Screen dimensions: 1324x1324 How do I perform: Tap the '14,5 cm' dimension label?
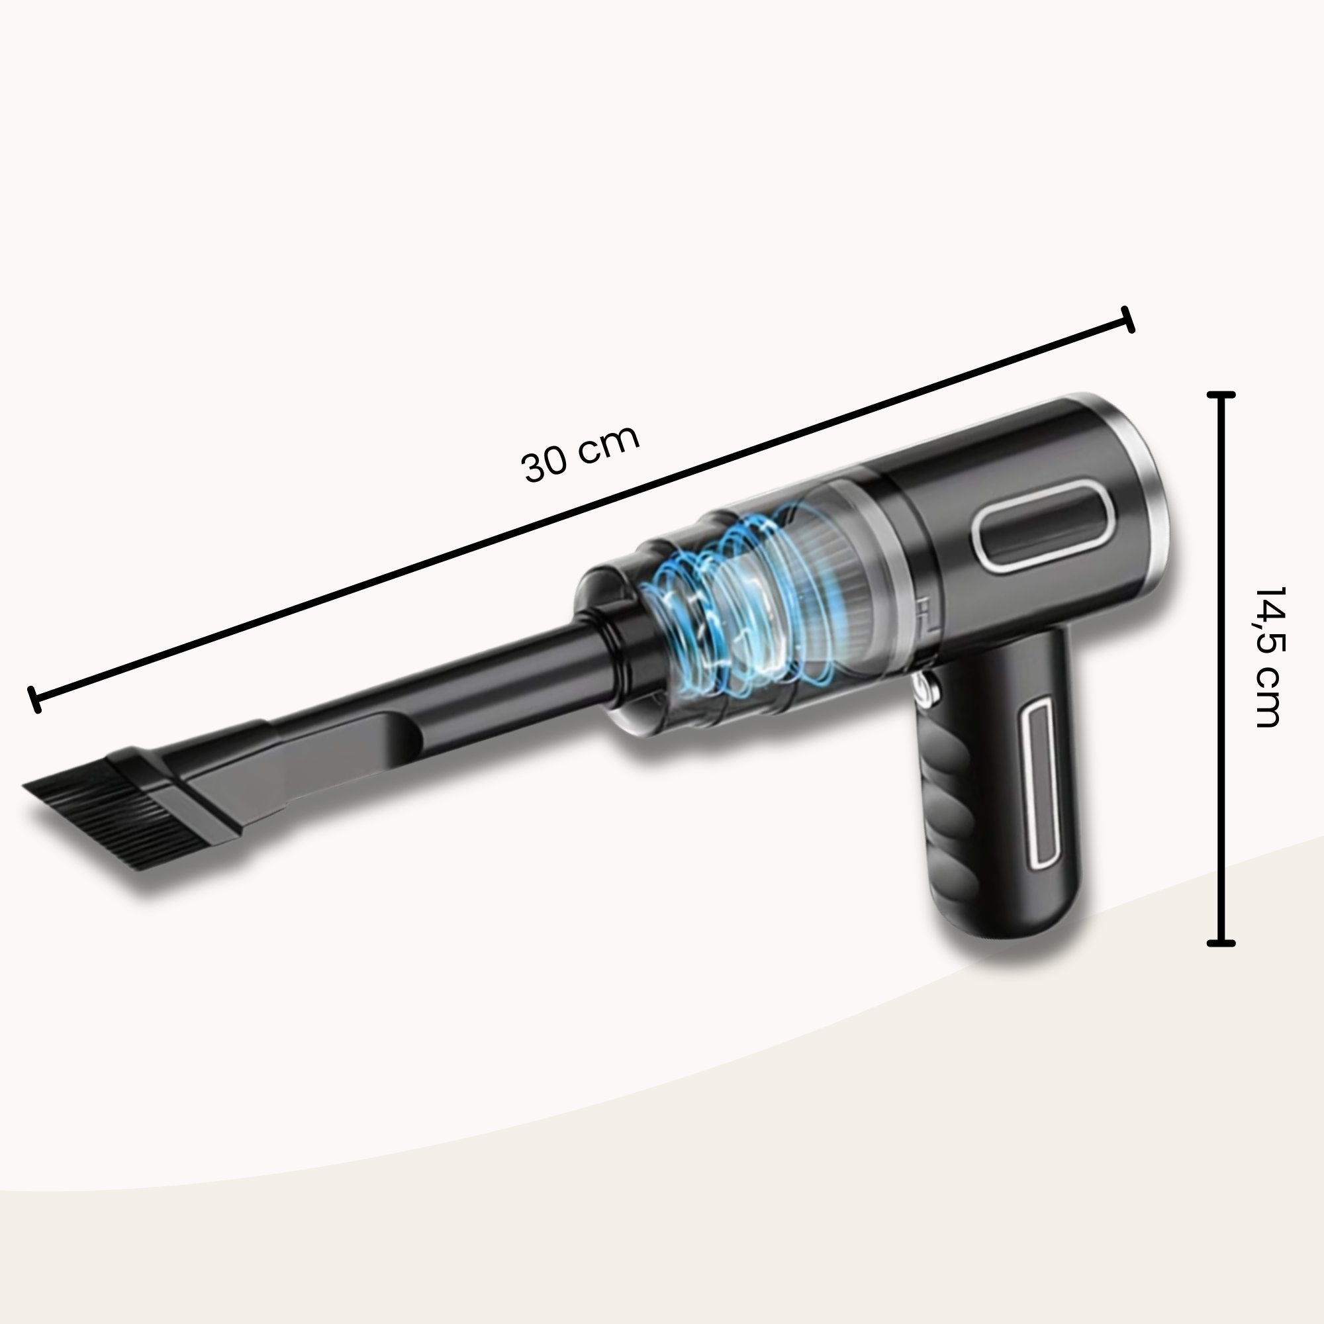pyautogui.click(x=1266, y=657)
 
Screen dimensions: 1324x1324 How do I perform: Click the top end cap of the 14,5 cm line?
pyautogui.click(x=1221, y=395)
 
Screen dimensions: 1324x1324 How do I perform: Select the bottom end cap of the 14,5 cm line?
pyautogui.click(x=1221, y=943)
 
